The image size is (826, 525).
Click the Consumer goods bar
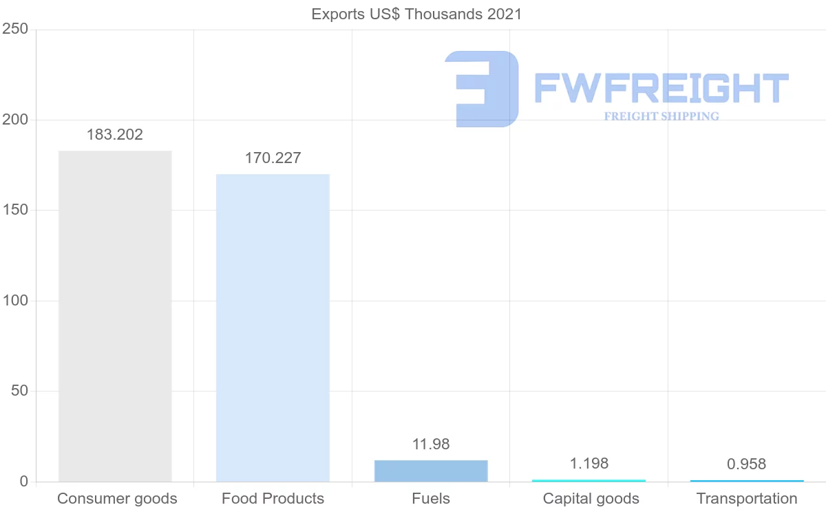point(115,316)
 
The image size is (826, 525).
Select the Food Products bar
point(273,328)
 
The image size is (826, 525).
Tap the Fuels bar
point(431,471)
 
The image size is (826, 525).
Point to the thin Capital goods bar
point(589,480)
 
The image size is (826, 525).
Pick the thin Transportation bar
point(747,480)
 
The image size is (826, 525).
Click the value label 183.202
point(115,135)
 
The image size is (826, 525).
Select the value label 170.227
point(273,158)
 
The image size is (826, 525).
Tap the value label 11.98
point(431,444)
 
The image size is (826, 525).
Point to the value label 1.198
point(589,463)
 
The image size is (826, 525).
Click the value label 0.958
point(747,464)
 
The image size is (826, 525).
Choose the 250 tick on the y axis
point(14,29)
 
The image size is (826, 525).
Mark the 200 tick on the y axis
point(14,120)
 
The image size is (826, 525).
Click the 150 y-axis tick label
point(14,210)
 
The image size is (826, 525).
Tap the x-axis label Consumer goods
point(117,498)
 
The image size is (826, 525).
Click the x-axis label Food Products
point(273,498)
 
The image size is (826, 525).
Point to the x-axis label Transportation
point(747,498)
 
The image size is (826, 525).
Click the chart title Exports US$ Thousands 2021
point(416,14)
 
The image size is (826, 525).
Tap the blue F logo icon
point(482,89)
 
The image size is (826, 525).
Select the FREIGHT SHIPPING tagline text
point(661,116)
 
